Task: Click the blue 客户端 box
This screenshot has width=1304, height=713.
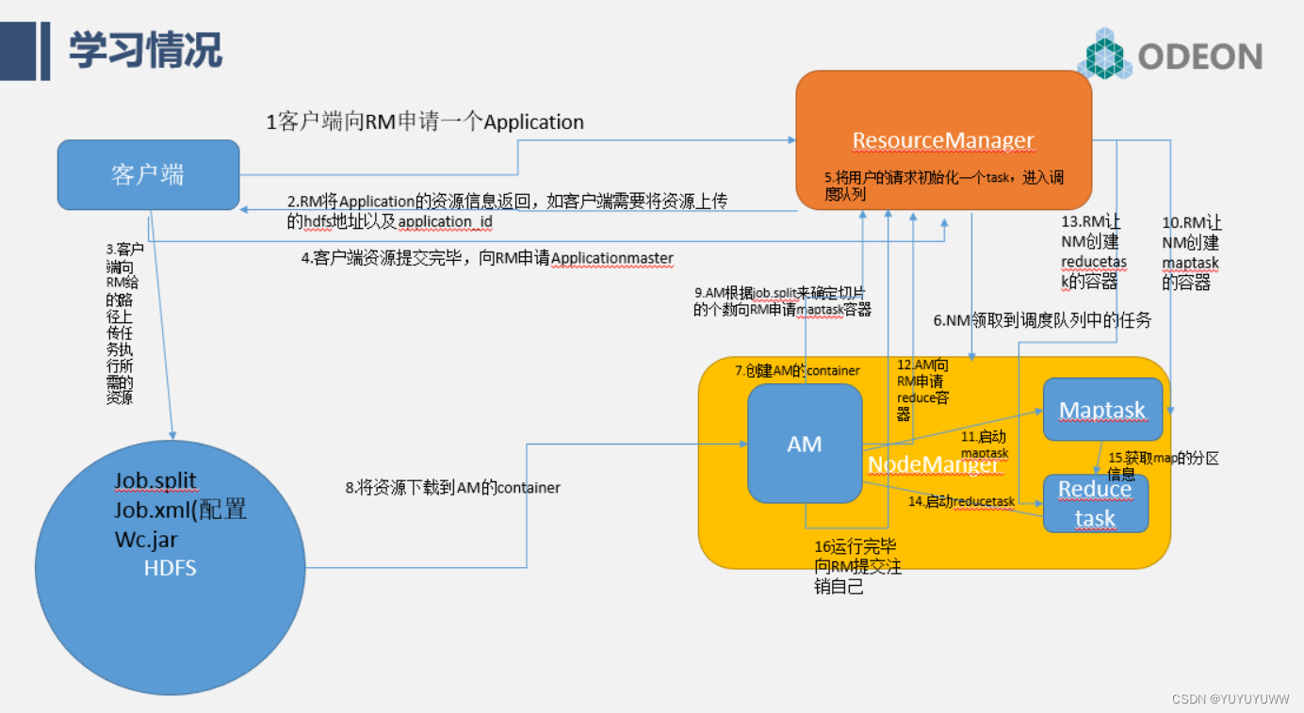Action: [x=148, y=175]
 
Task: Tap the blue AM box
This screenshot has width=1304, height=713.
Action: [x=805, y=444]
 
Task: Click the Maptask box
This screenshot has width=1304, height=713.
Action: [x=1101, y=410]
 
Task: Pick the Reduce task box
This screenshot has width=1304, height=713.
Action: [x=1095, y=504]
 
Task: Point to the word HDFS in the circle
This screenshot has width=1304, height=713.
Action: [x=171, y=568]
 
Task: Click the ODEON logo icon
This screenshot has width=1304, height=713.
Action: [x=1105, y=54]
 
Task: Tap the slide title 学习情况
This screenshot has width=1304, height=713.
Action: [x=145, y=50]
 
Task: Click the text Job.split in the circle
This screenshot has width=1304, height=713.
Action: [x=155, y=480]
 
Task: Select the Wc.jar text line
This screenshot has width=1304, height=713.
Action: [x=146, y=540]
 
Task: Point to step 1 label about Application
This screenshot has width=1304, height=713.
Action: [x=425, y=122]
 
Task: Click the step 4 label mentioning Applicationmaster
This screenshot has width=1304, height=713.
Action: [x=487, y=258]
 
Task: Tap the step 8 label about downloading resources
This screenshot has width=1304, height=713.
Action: [x=452, y=487]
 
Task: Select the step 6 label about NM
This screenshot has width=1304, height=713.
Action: [x=1042, y=320]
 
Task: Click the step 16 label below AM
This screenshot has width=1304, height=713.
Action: [x=857, y=566]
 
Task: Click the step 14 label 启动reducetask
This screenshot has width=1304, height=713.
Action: [x=961, y=502]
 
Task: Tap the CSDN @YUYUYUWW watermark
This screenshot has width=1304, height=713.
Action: [x=1231, y=699]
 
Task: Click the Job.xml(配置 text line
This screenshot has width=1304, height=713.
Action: [x=181, y=510]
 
